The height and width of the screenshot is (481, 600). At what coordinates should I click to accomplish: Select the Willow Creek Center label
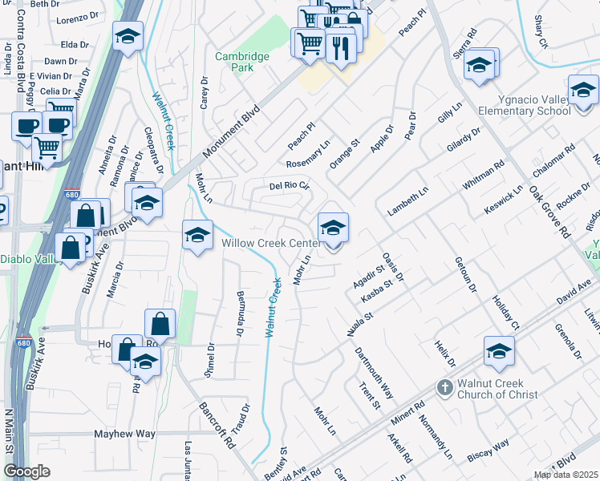[x=271, y=243]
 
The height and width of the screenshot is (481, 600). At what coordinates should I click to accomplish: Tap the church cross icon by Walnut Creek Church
[x=444, y=388]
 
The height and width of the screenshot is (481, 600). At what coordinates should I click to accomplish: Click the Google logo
[x=26, y=471]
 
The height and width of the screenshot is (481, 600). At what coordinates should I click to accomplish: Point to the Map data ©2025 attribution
[x=565, y=475]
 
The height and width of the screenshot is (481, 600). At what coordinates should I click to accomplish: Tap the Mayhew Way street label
[x=124, y=434]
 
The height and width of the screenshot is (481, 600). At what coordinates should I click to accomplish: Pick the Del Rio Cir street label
[x=289, y=186]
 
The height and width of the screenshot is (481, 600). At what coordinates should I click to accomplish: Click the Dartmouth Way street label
[x=375, y=376]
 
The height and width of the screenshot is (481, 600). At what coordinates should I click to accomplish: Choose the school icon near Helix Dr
[x=498, y=351]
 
